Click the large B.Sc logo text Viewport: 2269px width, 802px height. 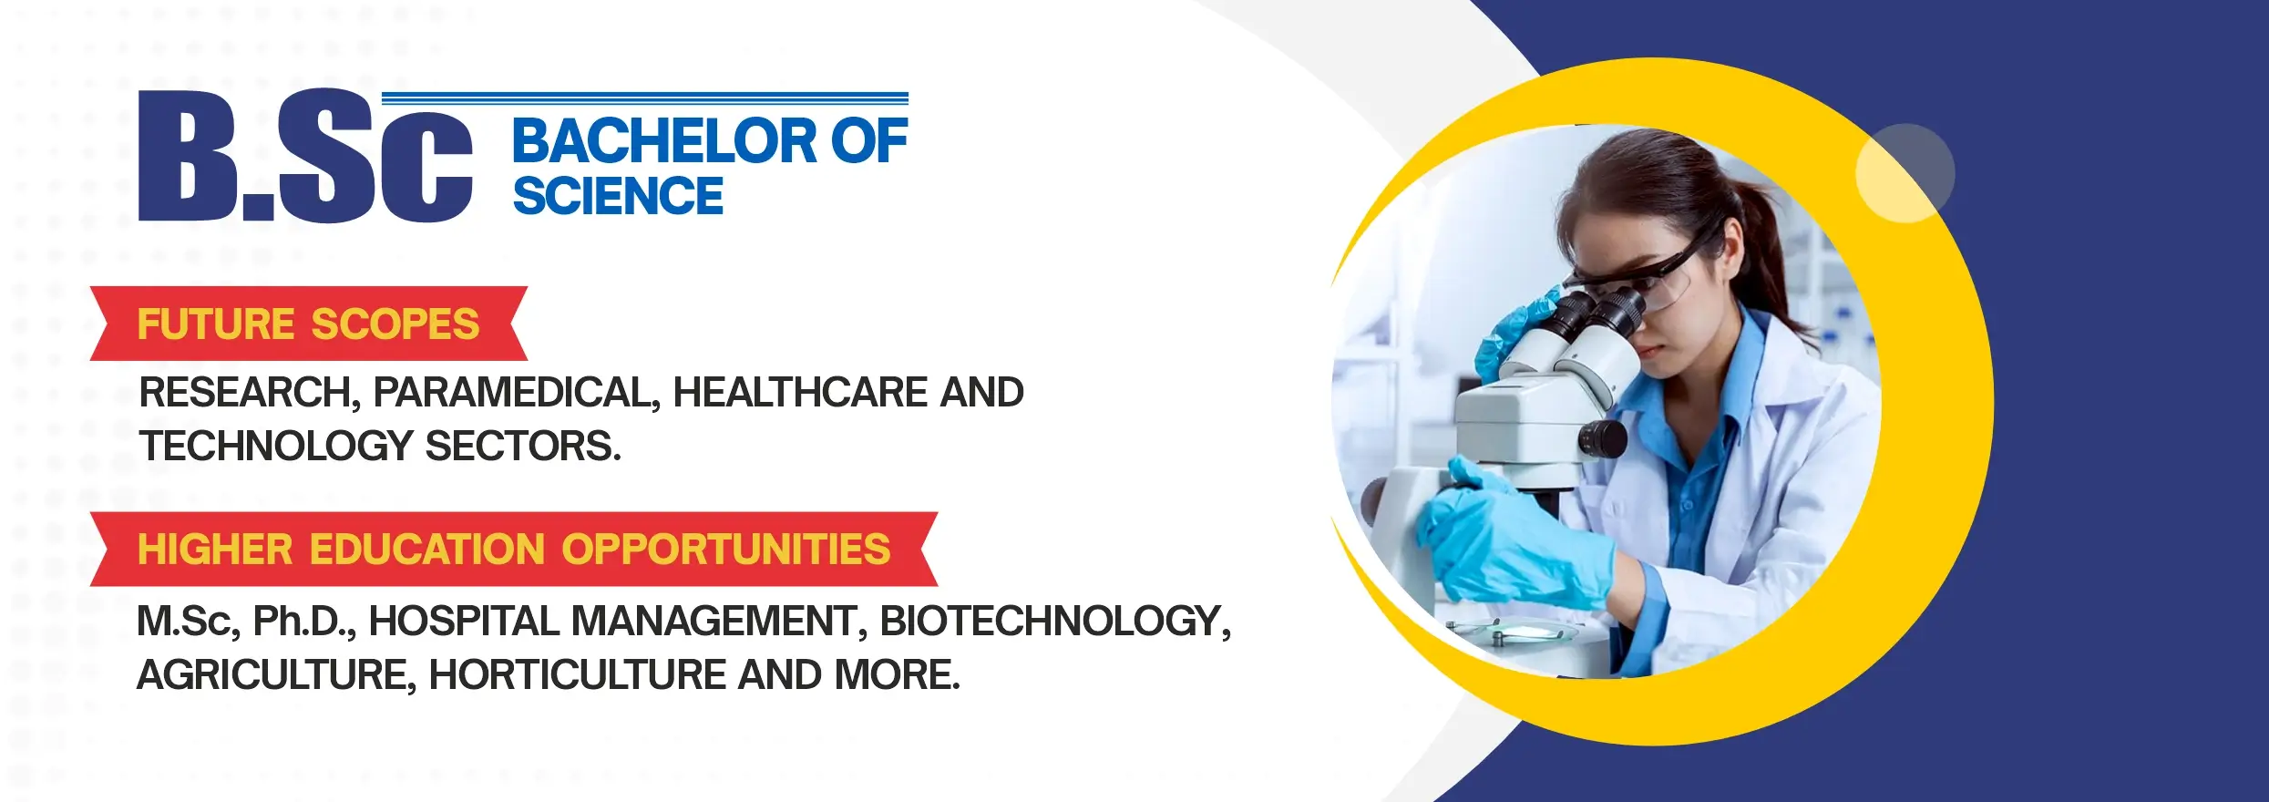[305, 155]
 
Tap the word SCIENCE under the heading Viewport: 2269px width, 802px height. [618, 196]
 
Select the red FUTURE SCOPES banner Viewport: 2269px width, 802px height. [309, 324]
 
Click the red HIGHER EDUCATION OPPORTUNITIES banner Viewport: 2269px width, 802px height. [514, 549]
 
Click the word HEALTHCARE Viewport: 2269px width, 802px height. [800, 392]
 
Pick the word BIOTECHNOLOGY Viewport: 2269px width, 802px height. [1055, 622]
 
